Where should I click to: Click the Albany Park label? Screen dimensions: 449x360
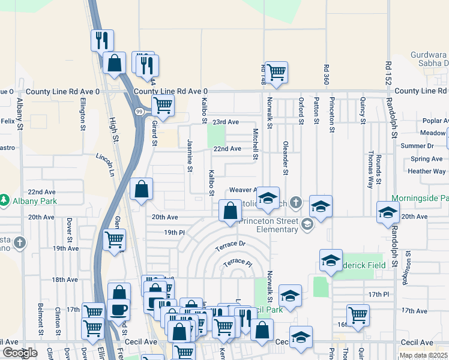coord(34,201)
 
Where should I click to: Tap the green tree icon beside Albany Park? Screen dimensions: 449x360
coord(5,200)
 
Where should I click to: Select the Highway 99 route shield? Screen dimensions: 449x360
coord(139,112)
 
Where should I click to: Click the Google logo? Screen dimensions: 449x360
coord(20,353)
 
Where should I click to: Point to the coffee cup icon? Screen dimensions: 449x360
coord(118,310)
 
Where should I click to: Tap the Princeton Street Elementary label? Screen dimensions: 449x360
coord(269,225)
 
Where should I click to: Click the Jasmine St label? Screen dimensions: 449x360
coord(190,156)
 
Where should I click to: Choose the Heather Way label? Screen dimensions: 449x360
coord(426,172)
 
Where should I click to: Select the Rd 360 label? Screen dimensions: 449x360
coord(326,74)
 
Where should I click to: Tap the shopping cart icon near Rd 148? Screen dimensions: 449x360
coord(276,73)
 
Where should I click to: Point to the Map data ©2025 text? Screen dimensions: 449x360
coord(424,355)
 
